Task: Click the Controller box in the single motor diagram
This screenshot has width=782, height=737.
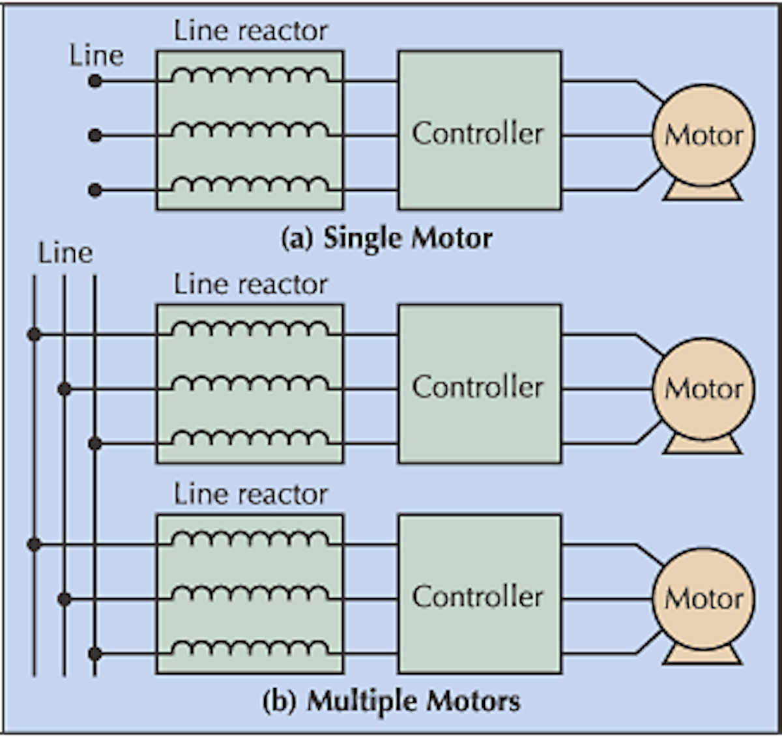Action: click(479, 130)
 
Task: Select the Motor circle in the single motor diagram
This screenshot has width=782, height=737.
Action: click(704, 135)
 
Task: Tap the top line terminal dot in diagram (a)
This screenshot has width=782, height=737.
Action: click(95, 81)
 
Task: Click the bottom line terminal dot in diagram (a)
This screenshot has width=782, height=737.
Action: click(95, 190)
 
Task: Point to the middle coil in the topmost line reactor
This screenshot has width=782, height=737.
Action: click(250, 131)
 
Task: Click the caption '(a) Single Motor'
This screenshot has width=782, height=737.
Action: click(386, 238)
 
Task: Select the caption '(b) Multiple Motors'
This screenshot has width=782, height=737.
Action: click(391, 702)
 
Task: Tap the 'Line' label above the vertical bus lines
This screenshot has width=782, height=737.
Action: click(65, 253)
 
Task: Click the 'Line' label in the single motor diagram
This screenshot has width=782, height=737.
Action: click(96, 56)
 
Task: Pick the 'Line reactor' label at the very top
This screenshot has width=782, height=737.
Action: click(250, 31)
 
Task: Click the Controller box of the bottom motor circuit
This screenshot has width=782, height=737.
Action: click(479, 594)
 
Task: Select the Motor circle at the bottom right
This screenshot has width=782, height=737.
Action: click(704, 598)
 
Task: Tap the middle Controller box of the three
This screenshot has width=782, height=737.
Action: click(479, 384)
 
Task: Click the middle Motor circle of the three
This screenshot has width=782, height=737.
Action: click(704, 388)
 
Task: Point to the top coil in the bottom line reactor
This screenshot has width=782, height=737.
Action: click(250, 540)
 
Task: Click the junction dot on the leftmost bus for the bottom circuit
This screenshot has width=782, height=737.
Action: click(35, 544)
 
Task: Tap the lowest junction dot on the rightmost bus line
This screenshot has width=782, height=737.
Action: click(95, 653)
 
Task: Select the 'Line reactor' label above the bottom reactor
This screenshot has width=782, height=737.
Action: click(250, 495)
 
